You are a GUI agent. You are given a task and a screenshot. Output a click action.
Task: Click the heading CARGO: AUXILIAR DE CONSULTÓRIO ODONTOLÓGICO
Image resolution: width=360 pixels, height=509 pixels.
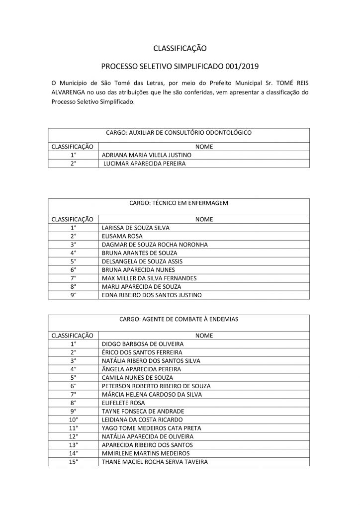(179, 133)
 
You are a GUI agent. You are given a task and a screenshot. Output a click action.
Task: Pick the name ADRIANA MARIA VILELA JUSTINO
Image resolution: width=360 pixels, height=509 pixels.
(146, 155)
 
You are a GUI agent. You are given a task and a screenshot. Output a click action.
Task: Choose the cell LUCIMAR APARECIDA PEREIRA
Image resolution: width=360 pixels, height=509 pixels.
(144, 163)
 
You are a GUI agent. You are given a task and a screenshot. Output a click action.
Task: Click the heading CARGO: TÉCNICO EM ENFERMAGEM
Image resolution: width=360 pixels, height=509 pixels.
(179, 203)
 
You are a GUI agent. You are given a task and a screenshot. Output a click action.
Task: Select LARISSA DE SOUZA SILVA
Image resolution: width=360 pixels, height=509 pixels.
(135, 228)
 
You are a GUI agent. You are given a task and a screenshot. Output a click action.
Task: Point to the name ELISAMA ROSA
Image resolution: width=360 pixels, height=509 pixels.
(122, 236)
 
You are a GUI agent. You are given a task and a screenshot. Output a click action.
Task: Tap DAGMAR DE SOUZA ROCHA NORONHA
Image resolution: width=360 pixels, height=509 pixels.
(154, 245)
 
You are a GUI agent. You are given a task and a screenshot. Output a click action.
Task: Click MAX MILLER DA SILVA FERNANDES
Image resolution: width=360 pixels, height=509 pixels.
(149, 278)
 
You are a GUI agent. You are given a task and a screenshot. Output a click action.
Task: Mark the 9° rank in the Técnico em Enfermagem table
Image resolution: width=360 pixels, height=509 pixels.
(74, 295)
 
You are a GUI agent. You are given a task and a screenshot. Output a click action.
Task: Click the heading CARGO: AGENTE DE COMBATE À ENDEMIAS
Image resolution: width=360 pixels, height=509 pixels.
(179, 319)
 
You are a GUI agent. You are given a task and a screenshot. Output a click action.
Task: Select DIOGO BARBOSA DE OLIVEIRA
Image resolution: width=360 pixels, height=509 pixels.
(143, 344)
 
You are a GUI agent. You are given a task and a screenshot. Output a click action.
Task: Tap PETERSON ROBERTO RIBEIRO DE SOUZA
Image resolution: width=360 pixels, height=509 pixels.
(156, 386)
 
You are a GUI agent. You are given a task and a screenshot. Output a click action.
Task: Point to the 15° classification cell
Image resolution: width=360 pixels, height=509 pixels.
(74, 462)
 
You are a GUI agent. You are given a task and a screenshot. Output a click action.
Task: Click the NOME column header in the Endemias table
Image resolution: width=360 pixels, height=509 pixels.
(204, 336)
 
